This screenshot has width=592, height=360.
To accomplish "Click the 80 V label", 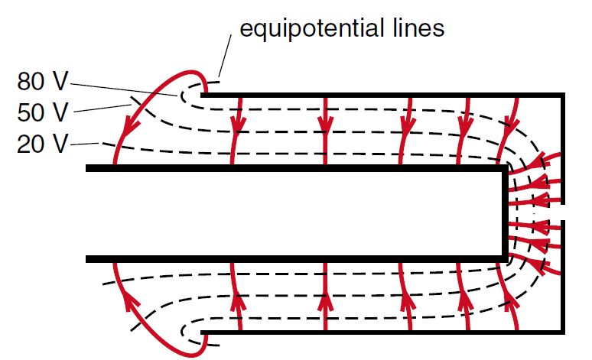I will coord(43,82).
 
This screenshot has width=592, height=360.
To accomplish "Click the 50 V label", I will coord(43,112).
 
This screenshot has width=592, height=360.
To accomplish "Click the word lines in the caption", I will coord(418,29).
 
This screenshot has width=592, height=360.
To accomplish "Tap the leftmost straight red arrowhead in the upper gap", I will coord(238,123).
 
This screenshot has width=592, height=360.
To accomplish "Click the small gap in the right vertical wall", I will coord(562,212).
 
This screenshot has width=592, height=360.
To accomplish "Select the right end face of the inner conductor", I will coord(504,215).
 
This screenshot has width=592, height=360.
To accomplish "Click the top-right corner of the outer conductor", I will coord(562,95).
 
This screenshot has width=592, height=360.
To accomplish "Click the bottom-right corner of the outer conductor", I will coord(562,332).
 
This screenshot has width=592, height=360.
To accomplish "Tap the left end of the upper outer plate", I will coord(204,95).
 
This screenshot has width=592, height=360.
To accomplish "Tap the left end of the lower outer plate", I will coord(204,332).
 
